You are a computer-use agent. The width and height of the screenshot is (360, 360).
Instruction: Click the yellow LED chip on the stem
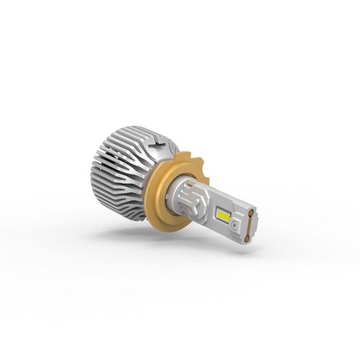click(x=222, y=215)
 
